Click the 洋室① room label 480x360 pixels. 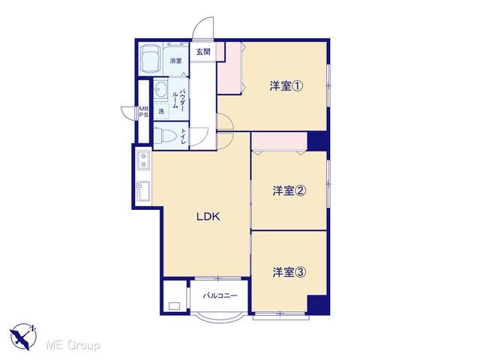pos(286,86)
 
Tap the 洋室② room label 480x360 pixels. pos(289,191)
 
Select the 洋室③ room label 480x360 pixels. pos(289,272)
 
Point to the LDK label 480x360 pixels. pos(208,217)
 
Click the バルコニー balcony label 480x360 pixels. pos(220,295)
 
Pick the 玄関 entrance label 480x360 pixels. pos(203,52)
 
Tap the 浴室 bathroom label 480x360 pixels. pos(175,61)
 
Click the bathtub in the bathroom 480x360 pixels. pos(150,58)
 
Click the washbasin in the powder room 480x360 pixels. pos(160,89)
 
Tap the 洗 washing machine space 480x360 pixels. pos(161,112)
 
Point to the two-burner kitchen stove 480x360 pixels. pos(143,160)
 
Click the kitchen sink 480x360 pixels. pos(143,191)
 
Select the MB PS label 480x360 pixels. pos(143,112)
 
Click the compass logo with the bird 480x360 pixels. pos(23,336)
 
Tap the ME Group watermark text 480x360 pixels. pos(73,345)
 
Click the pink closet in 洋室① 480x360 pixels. pos(229,68)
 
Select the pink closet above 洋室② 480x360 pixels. pos(279,141)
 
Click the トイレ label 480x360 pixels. pos(183,136)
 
